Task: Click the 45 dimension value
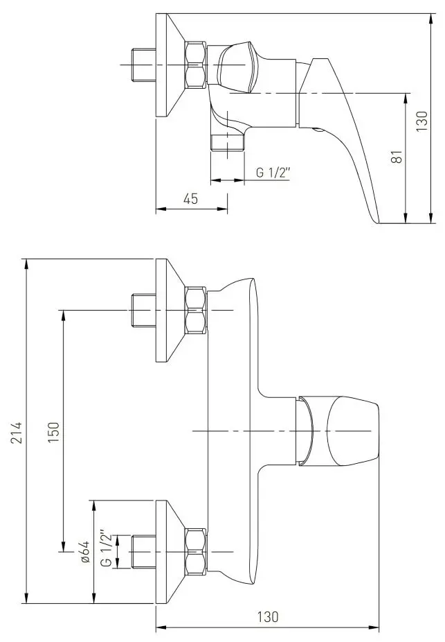point(190,198)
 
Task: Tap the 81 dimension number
point(397,157)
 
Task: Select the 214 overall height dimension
point(17,433)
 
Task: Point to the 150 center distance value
point(53,433)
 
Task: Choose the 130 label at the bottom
point(268,616)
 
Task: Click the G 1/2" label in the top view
point(273,173)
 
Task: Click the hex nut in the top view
point(196,64)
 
